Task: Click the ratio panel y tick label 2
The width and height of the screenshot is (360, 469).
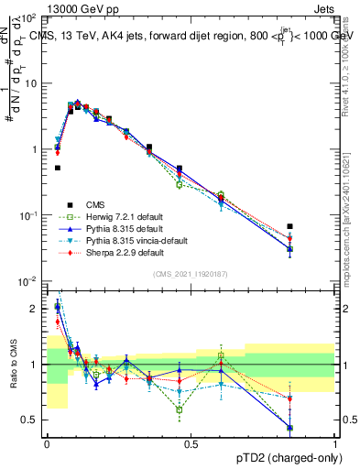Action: (35, 309)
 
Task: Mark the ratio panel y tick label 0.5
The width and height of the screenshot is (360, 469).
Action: (31, 420)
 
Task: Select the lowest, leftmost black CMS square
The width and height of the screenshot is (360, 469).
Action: (58, 168)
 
